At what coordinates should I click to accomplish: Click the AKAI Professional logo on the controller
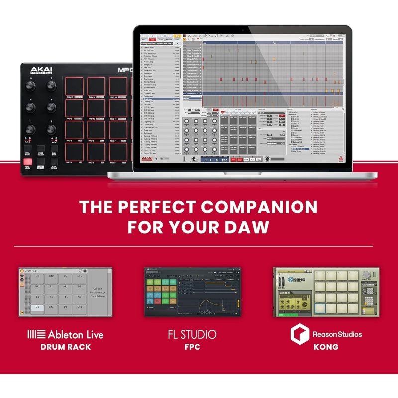[x=41, y=71]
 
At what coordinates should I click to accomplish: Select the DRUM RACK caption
[x=66, y=347]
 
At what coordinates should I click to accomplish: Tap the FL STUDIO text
[x=192, y=334]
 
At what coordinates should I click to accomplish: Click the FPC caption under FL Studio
[x=192, y=347]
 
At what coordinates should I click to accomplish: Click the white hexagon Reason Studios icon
[x=299, y=334]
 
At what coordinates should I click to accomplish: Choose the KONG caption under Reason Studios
[x=326, y=347]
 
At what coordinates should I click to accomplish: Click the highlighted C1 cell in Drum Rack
[x=37, y=308]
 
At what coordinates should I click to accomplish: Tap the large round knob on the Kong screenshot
[x=367, y=275]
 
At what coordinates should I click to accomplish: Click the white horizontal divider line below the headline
[x=199, y=246]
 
